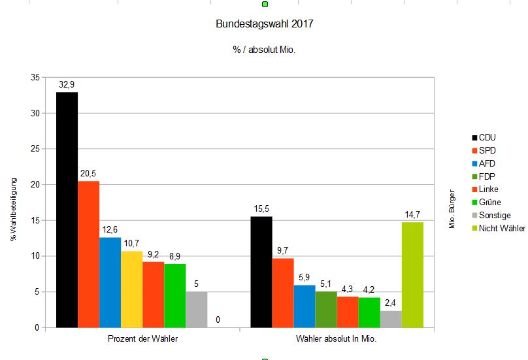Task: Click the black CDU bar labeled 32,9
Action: (x=67, y=209)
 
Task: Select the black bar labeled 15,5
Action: (x=261, y=272)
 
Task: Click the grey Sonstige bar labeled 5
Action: (x=196, y=309)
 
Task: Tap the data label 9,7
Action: (x=283, y=250)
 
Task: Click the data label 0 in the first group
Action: (x=218, y=319)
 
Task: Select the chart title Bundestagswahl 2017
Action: (x=264, y=25)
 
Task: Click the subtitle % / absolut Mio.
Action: (x=264, y=50)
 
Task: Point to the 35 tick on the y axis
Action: (x=35, y=78)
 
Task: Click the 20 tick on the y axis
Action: (x=35, y=185)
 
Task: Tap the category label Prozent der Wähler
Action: (x=142, y=340)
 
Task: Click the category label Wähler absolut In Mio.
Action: (x=337, y=340)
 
